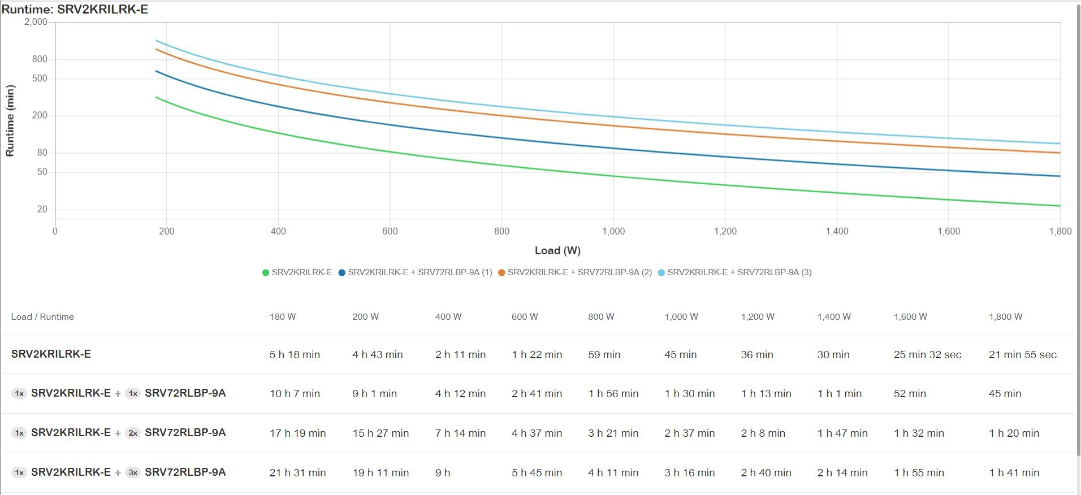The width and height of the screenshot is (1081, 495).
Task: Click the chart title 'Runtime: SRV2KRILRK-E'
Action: pos(75,9)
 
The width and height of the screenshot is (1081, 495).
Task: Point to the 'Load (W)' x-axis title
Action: pos(557,250)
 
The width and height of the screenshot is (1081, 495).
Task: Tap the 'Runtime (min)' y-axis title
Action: pos(10,120)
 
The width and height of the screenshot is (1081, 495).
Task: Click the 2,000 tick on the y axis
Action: pos(36,22)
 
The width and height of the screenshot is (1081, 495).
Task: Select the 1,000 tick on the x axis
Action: pos(613,231)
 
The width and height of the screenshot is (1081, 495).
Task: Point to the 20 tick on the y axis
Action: pos(42,209)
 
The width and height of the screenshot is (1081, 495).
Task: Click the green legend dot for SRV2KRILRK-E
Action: pos(266,272)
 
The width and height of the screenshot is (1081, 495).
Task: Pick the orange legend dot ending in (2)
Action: pos(501,272)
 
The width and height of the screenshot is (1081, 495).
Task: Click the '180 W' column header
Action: pos(283,317)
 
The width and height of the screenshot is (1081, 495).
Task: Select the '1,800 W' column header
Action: pos(1005,317)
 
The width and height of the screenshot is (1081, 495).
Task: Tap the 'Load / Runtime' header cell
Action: pos(42,317)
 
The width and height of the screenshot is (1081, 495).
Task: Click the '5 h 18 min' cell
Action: pos(295,355)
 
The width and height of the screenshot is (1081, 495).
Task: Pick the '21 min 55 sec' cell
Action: pos(1022,355)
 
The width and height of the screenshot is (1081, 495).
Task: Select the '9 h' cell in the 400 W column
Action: pos(443,473)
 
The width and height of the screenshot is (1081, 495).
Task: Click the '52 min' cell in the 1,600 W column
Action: pos(910,394)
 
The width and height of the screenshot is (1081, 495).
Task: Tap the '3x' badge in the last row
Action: pos(133,472)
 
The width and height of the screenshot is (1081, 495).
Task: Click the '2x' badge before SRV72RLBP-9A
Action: pos(133,433)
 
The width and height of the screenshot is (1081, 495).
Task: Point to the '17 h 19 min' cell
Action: pos(297,433)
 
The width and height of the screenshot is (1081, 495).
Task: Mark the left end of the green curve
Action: pos(157,98)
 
